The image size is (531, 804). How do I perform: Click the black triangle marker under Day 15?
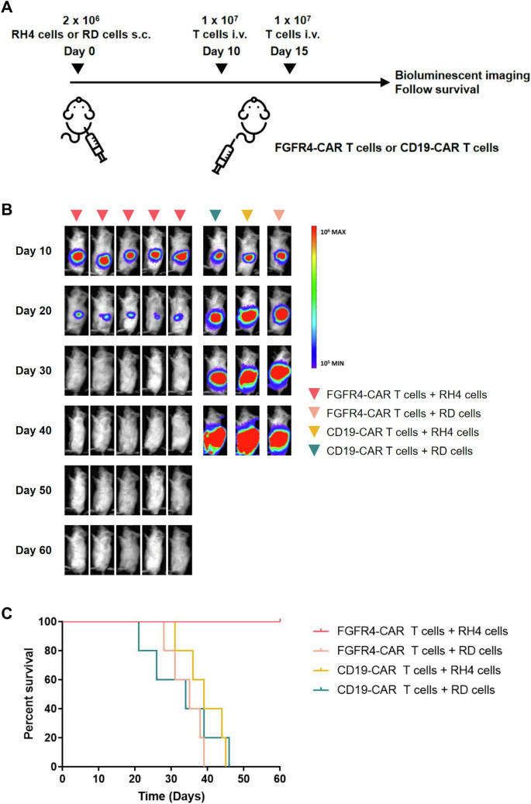click(290, 69)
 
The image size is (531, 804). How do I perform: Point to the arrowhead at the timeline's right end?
click(383, 81)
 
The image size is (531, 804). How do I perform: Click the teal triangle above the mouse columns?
click(216, 214)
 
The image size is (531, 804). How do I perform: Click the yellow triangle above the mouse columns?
click(247, 214)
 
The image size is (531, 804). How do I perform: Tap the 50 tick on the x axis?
click(243, 778)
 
